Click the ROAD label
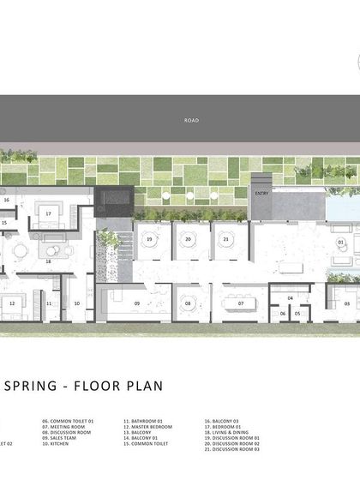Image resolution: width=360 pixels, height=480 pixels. pyautogui.click(x=191, y=121)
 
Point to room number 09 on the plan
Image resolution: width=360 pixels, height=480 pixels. pyautogui.click(x=136, y=303)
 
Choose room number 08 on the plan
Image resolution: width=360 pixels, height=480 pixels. pyautogui.click(x=187, y=303)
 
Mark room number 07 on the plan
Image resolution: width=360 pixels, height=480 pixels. pyautogui.click(x=241, y=303)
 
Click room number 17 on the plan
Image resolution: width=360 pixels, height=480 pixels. pyautogui.click(x=50, y=213)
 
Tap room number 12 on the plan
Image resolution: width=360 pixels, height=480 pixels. pyautogui.click(x=12, y=303)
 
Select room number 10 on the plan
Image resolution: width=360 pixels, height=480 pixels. pyautogui.click(x=76, y=303)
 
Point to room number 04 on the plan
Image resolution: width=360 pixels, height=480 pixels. pyautogui.click(x=290, y=297)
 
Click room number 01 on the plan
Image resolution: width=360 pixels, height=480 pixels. pyautogui.click(x=340, y=243)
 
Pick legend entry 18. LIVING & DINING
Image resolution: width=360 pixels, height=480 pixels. pyautogui.click(x=228, y=436)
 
